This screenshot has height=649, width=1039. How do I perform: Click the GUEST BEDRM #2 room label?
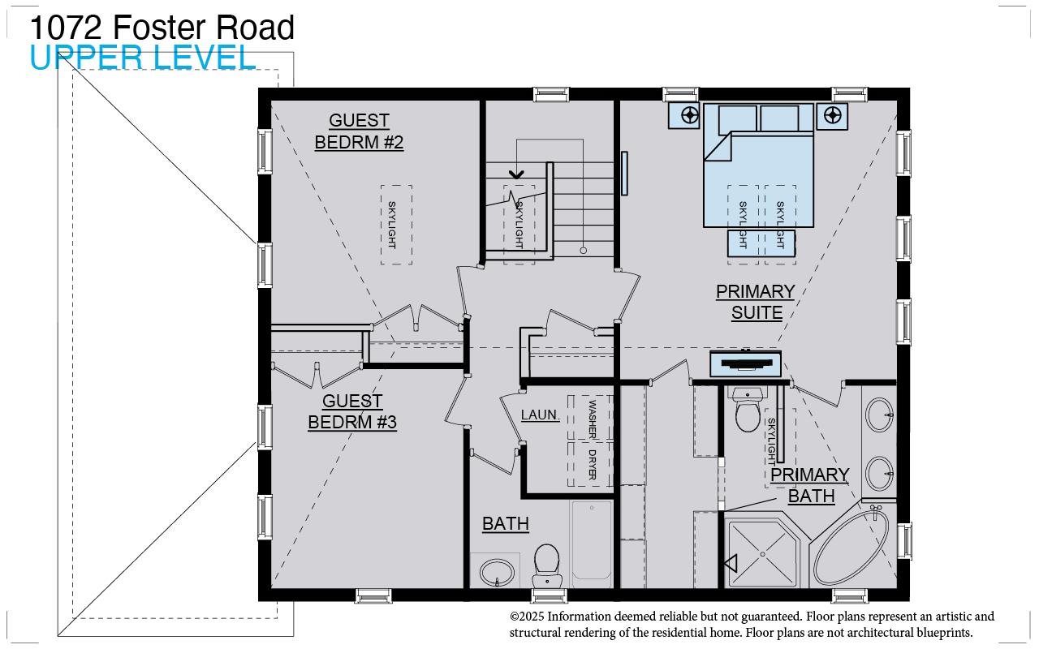point(359,131)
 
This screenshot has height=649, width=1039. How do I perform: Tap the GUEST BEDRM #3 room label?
point(352,411)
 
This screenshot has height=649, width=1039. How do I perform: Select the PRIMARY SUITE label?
point(755,302)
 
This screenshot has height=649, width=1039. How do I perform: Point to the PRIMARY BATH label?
point(810,484)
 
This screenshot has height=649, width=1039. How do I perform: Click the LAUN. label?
point(540,415)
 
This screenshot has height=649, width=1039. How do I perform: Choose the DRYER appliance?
point(592,465)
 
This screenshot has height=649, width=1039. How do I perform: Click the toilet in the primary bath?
point(747,411)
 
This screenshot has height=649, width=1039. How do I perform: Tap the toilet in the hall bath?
point(546,563)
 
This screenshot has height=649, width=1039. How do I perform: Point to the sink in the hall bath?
point(496,572)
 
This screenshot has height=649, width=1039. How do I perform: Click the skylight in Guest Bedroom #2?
point(396,224)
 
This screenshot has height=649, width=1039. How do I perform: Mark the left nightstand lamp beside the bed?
point(690,115)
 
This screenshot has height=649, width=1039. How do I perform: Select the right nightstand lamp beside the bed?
point(832,115)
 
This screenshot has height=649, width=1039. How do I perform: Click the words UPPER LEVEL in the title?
point(143,58)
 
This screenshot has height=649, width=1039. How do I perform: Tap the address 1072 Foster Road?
point(162,28)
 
